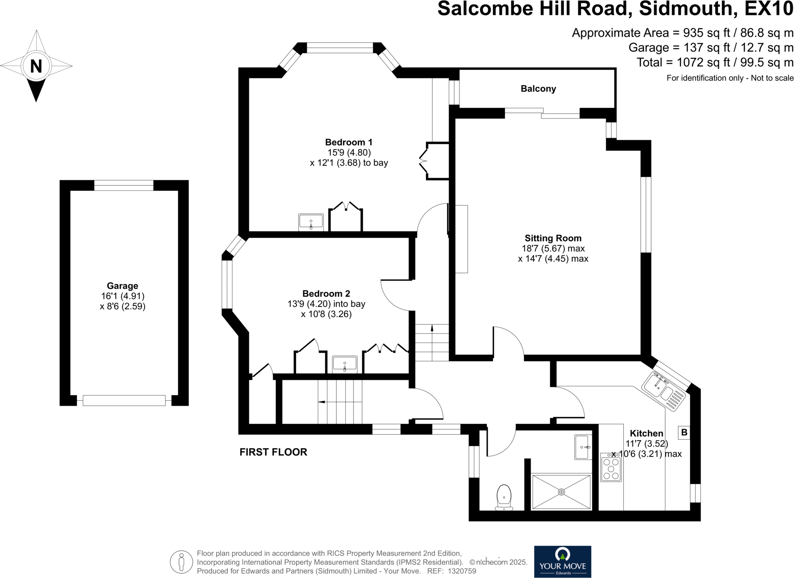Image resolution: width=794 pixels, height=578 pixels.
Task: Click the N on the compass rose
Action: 36,67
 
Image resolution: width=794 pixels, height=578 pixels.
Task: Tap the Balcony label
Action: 538,89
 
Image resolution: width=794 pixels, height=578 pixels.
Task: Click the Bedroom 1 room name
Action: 348,142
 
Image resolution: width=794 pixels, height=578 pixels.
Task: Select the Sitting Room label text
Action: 553,238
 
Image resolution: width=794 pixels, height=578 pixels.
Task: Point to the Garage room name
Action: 122,286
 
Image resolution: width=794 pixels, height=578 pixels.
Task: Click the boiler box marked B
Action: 684,433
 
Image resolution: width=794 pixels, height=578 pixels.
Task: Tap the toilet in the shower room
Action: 504,498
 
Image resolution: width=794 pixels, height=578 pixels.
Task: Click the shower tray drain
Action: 561,492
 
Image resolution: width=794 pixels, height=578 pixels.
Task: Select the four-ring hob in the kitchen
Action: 611,468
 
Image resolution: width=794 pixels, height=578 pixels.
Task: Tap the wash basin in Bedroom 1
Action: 311,222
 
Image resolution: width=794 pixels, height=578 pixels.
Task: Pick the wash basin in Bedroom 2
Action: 344,364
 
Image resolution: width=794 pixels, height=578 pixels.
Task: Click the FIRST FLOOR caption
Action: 273,452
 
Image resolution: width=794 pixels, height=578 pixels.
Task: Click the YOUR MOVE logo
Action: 562,561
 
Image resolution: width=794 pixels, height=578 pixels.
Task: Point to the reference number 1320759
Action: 462,571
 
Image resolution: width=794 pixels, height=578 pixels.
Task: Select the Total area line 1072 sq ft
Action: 715,63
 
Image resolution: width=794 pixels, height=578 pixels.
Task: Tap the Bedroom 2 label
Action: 326,294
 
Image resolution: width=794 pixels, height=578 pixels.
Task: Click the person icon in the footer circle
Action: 181,562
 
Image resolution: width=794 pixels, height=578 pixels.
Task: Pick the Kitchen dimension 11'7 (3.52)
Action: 646,444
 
